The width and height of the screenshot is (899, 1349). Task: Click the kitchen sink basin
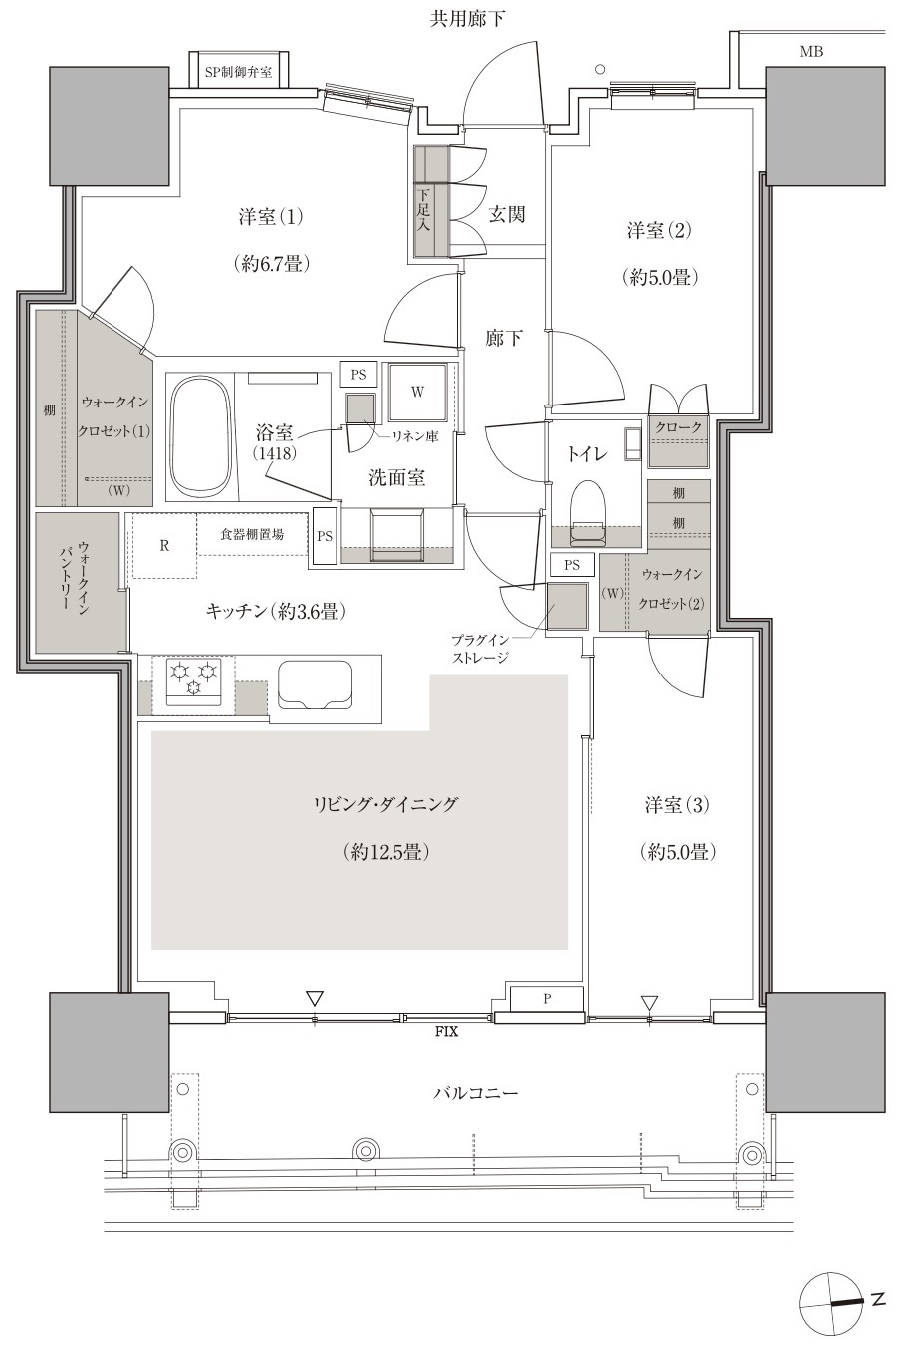pyautogui.click(x=315, y=686)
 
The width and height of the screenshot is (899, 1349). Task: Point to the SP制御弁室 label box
pyautogui.click(x=238, y=72)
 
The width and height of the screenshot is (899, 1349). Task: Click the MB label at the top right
pyautogui.click(x=811, y=52)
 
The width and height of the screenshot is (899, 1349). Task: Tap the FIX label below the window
pyautogui.click(x=446, y=1031)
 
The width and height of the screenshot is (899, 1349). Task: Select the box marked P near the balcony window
pyautogui.click(x=547, y=999)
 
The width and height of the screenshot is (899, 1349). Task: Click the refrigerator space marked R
pyautogui.click(x=164, y=546)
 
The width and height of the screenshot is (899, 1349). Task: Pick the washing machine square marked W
pyautogui.click(x=417, y=392)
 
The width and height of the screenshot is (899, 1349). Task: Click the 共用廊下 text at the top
pyautogui.click(x=468, y=19)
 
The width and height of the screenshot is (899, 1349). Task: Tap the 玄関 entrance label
pyautogui.click(x=506, y=214)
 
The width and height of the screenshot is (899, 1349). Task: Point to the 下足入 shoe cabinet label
pyautogui.click(x=424, y=211)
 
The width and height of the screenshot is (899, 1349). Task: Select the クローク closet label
pyautogui.click(x=678, y=427)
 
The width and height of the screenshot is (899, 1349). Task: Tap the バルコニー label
pyautogui.click(x=475, y=1093)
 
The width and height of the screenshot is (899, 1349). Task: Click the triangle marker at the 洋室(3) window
pyautogui.click(x=649, y=1002)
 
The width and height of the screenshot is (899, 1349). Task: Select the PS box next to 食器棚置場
pyautogui.click(x=325, y=536)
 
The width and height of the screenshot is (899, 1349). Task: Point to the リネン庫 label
pyautogui.click(x=414, y=436)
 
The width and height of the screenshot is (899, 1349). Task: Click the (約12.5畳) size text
pyautogui.click(x=385, y=852)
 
